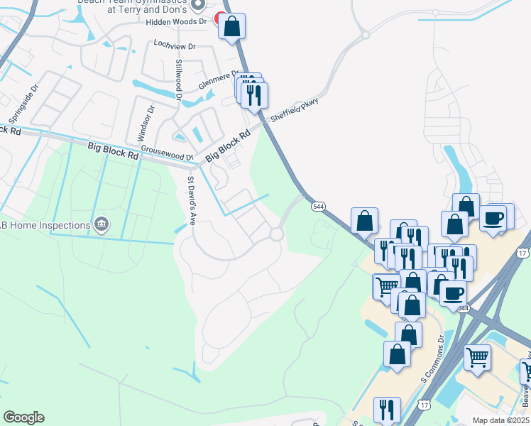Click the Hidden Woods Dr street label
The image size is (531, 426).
pyautogui.click(x=176, y=22)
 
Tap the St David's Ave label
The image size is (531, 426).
pyautogui.click(x=191, y=201)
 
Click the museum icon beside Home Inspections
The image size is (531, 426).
pyautogui.click(x=102, y=225)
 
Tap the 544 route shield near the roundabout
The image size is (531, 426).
pyautogui.click(x=319, y=207)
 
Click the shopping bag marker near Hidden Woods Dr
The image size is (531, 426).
pyautogui.click(x=232, y=28)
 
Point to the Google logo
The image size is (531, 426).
pyautogui.click(x=23, y=417)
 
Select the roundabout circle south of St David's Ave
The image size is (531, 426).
pyautogui.click(x=276, y=234)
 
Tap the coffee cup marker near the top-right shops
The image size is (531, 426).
pyautogui.click(x=493, y=218)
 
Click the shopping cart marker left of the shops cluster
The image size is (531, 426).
pyautogui.click(x=386, y=287)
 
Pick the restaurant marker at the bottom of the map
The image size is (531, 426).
pyautogui.click(x=387, y=410)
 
